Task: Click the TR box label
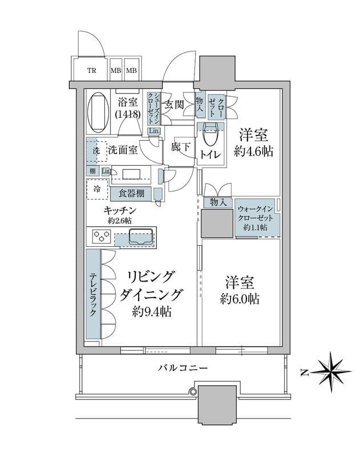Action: pyautogui.click(x=91, y=71)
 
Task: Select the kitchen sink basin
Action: pyautogui.click(x=140, y=236)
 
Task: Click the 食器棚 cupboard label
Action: pyautogui.click(x=131, y=194)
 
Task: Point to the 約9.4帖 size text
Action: pyautogui.click(x=152, y=312)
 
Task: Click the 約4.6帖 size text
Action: pyautogui.click(x=254, y=152)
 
